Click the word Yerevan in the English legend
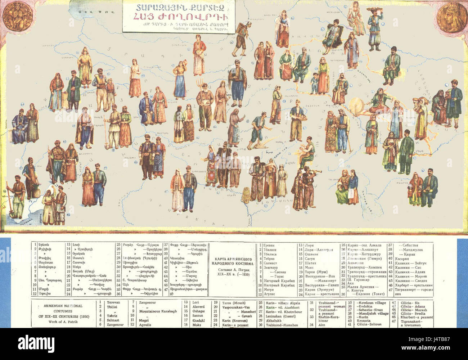113,302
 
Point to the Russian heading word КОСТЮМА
235,264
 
